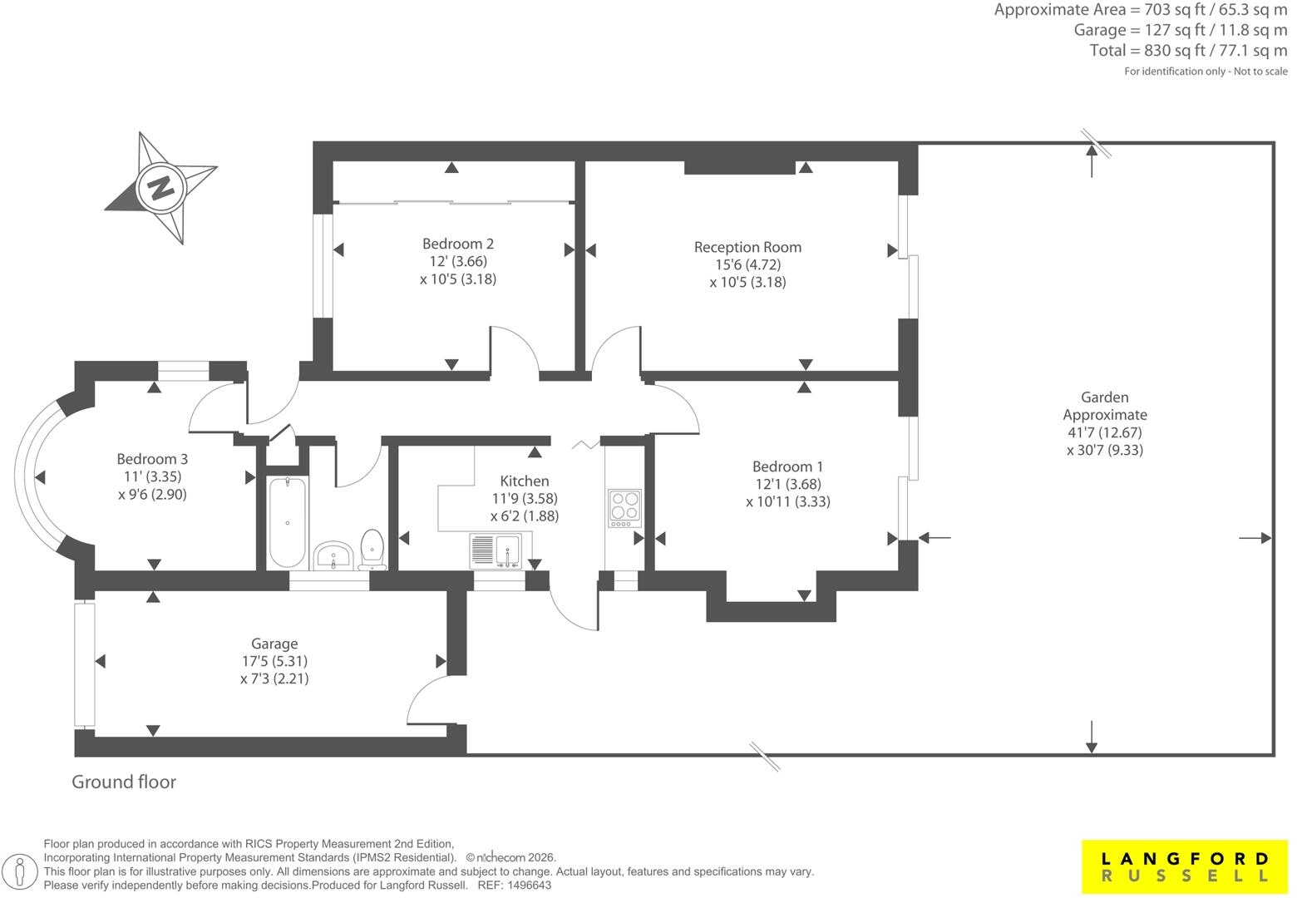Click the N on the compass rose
(161, 188)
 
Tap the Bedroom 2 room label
(458, 244)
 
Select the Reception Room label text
(747, 247)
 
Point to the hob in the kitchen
(624, 508)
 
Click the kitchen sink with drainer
(496, 550)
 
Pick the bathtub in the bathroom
(287, 522)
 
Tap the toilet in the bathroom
(372, 550)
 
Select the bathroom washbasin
(333, 555)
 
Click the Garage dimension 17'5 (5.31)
(274, 661)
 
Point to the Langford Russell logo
(1184, 866)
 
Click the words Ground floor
(124, 782)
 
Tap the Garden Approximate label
(1105, 406)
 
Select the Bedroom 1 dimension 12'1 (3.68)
(787, 484)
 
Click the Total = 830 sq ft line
(1189, 51)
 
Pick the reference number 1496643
(530, 886)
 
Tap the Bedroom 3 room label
(152, 459)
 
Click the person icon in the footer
(20, 871)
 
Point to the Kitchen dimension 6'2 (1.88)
(525, 516)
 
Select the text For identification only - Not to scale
(1206, 72)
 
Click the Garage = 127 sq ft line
(1181, 30)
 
